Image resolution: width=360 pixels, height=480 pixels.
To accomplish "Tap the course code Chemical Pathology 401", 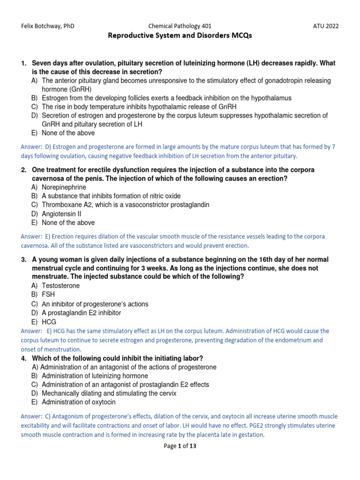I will coord(180,26).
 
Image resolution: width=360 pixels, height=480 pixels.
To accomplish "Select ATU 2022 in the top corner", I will coord(326,26).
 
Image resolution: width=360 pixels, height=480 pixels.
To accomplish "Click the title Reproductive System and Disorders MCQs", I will coord(180,36).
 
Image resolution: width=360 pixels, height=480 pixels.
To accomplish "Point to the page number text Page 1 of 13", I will coord(180,446).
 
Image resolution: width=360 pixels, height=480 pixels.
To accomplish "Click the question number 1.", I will coord(23,63).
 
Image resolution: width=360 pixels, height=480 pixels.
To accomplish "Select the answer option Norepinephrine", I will coord(64,187).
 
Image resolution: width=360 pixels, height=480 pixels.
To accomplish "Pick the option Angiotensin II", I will coord(61,214).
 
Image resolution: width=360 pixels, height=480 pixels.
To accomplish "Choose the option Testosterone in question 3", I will coord(60,285).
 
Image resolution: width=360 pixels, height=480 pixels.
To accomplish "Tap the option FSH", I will coord(48,295).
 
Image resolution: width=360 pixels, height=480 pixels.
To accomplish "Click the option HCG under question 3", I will coord(49,322).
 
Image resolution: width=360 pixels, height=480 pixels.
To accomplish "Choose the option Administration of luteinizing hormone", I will coord(95,376).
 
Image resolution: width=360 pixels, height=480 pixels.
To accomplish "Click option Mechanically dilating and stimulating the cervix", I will coord(109,393).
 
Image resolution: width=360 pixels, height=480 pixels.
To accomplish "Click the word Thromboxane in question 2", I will coord(62,205).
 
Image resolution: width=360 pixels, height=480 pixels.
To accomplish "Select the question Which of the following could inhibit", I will coord(117,359).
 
